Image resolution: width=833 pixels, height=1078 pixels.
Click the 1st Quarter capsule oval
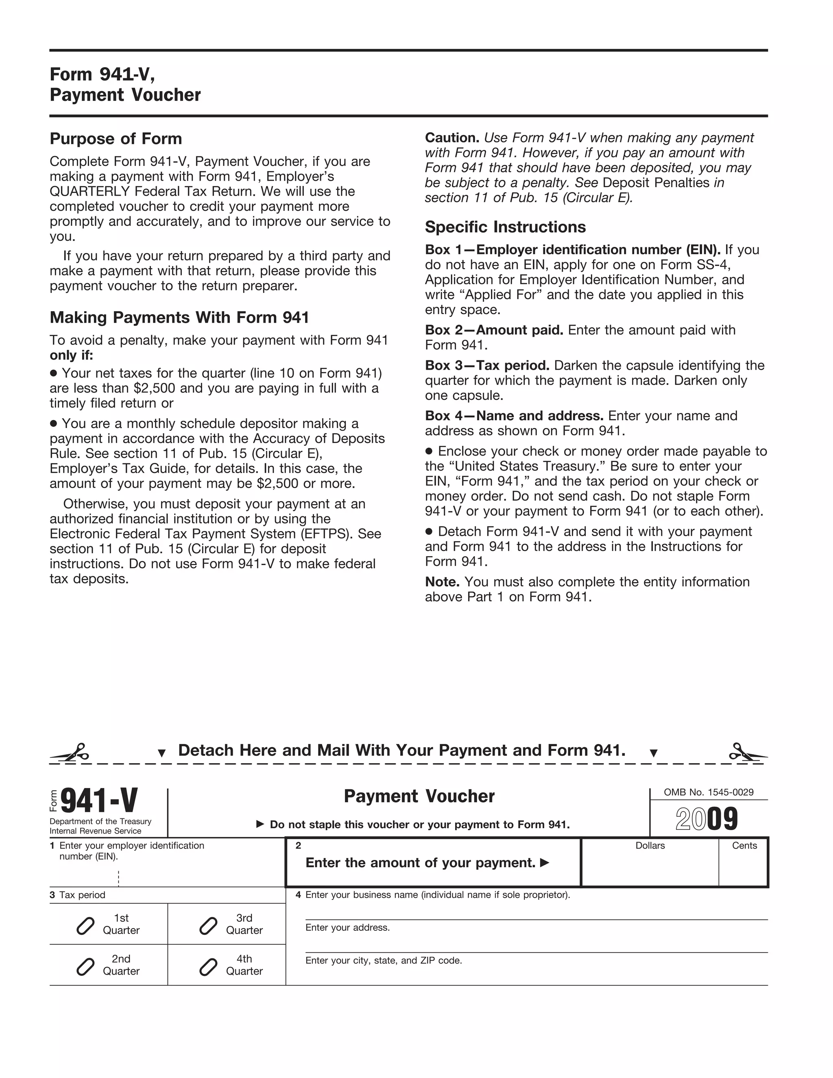[85, 926]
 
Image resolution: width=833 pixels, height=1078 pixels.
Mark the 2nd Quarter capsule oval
[85, 967]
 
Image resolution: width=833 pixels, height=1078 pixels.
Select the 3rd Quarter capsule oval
[208, 926]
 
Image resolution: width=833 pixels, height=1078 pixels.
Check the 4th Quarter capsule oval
[208, 967]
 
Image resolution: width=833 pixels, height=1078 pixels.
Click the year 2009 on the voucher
[707, 819]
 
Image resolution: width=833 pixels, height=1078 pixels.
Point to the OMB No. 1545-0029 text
[708, 792]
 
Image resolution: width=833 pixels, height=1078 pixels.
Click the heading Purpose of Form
[116, 139]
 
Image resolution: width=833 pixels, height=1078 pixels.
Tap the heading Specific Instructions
[505, 227]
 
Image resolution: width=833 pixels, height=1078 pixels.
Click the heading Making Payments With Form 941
[179, 317]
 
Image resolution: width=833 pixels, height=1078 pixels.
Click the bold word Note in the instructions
[442, 582]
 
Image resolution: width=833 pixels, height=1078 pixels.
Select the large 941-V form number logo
[99, 801]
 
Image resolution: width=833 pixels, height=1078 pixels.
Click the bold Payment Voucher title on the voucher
[419, 796]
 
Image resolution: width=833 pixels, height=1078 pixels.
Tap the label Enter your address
[347, 927]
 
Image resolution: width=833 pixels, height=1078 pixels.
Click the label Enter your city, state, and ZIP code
[384, 960]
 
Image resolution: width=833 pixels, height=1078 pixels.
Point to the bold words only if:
[71, 356]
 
